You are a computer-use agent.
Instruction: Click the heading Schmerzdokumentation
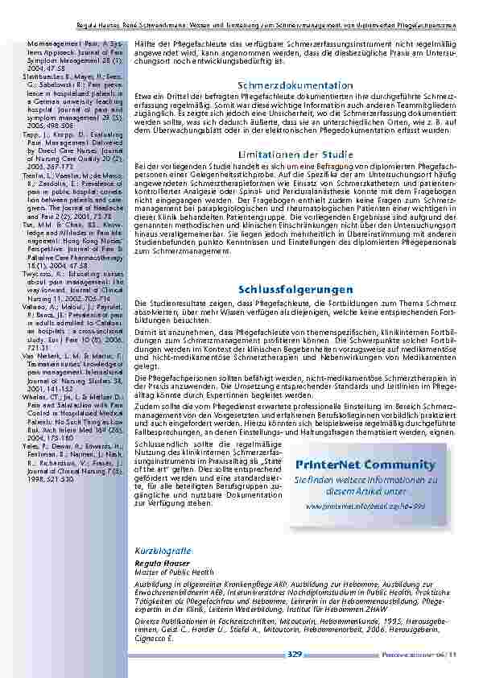(x=295, y=85)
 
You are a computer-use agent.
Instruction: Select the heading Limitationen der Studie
(x=295, y=154)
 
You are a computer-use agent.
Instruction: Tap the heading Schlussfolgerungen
(x=295, y=288)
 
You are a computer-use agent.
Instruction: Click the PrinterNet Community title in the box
(x=365, y=465)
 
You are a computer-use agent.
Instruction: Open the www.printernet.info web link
(x=365, y=506)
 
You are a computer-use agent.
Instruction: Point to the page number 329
(x=295, y=655)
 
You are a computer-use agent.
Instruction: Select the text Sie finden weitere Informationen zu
(x=365, y=479)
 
